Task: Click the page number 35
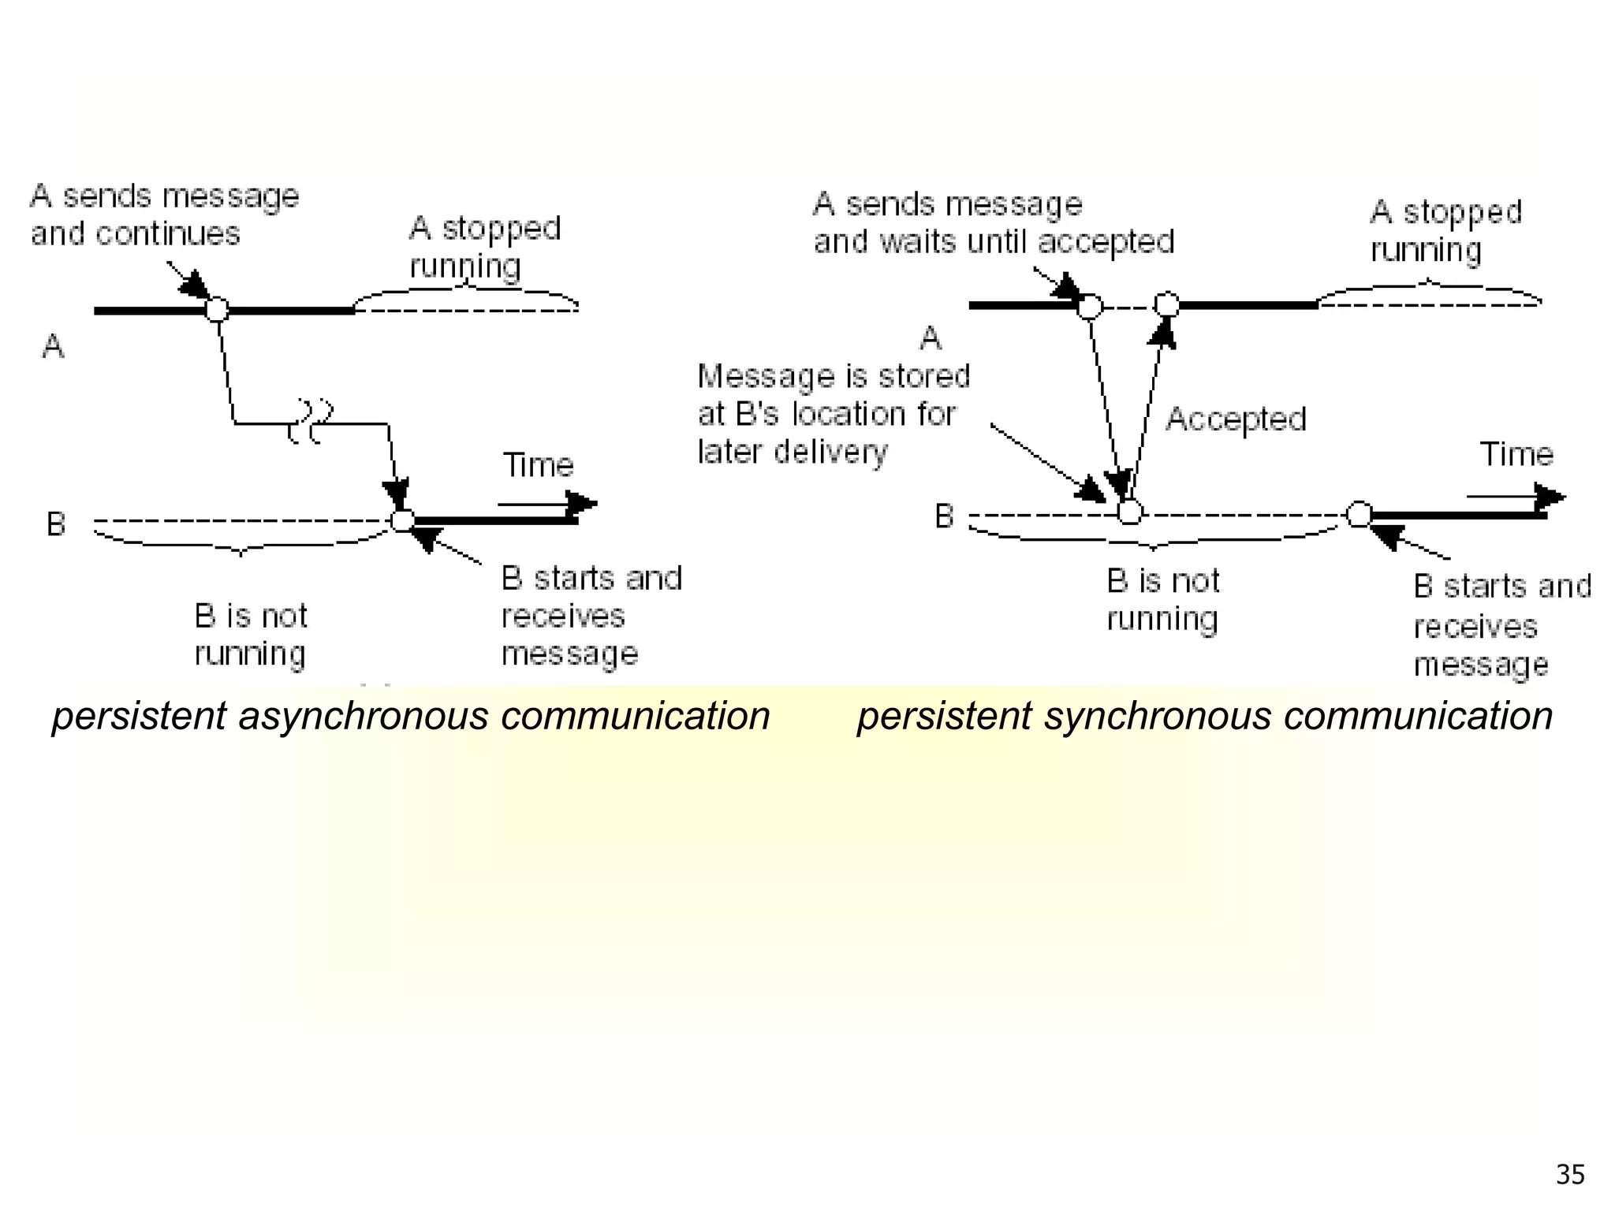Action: pyautogui.click(x=1569, y=1175)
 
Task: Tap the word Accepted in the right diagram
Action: pyautogui.click(x=1236, y=419)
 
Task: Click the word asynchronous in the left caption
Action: pyautogui.click(x=364, y=717)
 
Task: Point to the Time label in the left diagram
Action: pyautogui.click(x=538, y=465)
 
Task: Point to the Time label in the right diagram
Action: pyautogui.click(x=1516, y=454)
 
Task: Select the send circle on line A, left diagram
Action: pyautogui.click(x=217, y=309)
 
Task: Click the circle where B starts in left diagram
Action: pyautogui.click(x=402, y=520)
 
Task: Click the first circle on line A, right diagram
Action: pyautogui.click(x=1090, y=306)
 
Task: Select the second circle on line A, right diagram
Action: pyautogui.click(x=1166, y=304)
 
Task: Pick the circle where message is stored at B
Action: pyautogui.click(x=1130, y=512)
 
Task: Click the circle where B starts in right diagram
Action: pyautogui.click(x=1359, y=514)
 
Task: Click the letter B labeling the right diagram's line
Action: pyautogui.click(x=944, y=516)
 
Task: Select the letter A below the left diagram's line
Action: pyautogui.click(x=53, y=346)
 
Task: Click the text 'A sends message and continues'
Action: pyautogui.click(x=164, y=214)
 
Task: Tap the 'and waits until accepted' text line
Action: pyautogui.click(x=994, y=242)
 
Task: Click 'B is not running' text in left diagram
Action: pyautogui.click(x=251, y=635)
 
